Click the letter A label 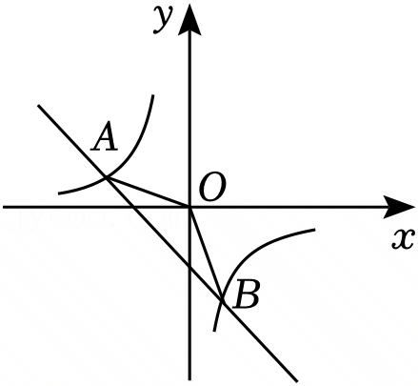105,136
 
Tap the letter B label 246,295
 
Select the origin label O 212,188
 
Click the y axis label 163,19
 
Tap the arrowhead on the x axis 399,207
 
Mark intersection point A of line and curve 107,177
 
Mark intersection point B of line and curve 222,300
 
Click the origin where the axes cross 189,207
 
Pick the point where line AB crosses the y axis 189,266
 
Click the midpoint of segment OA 149,193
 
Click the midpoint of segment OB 206,254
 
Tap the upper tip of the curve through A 153,95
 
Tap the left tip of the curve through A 59,193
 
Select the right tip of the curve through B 314,229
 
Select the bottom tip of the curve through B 214,331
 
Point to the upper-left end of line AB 38,105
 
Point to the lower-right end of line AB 297,380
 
